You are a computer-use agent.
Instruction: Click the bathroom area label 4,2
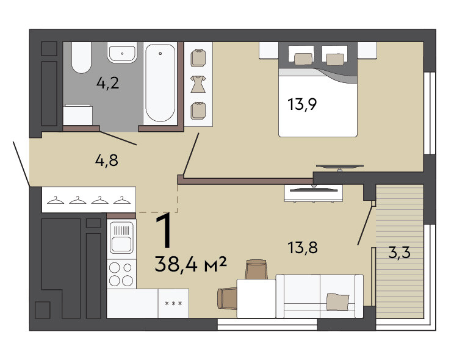coord(107,83)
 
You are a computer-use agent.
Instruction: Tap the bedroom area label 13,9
coord(302,104)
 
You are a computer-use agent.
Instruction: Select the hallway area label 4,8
coord(107,160)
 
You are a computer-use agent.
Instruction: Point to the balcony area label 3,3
coord(399,253)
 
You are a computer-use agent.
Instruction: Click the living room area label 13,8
coord(303,248)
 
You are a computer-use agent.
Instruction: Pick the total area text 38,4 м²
coord(190,264)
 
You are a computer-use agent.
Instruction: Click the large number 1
coord(164,231)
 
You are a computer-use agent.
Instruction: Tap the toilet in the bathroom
coord(81,57)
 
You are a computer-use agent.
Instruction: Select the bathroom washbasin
coord(122,52)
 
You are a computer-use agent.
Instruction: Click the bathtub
coord(160,83)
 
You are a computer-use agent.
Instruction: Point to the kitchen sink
coord(121,237)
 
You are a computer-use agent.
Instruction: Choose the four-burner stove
coord(121,274)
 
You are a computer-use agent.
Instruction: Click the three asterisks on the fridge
coord(173,304)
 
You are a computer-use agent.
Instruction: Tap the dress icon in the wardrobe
coord(198,84)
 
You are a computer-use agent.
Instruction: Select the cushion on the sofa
coord(337,301)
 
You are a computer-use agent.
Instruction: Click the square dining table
coord(256,298)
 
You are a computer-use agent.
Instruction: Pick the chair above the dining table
coord(256,269)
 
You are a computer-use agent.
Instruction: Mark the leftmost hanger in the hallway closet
coord(56,200)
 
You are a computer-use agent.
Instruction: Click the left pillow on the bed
coord(303,59)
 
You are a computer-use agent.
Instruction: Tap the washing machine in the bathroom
coord(78,115)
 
